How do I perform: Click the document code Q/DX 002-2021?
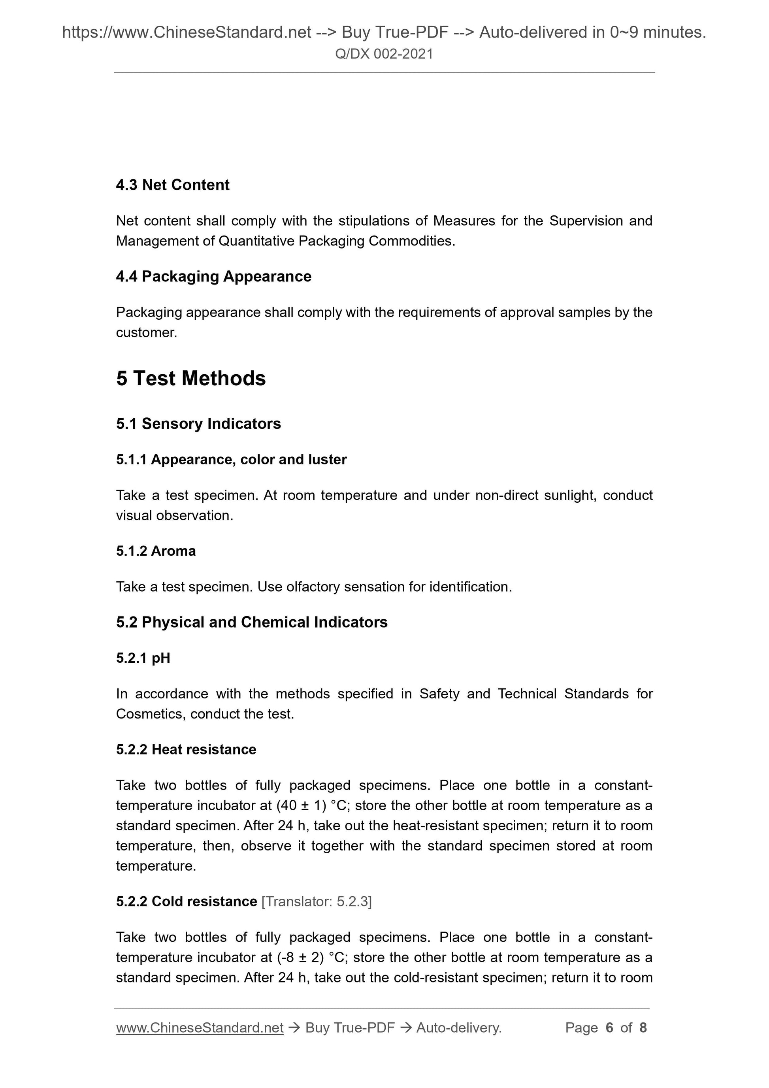(384, 54)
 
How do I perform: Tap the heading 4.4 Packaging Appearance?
(214, 276)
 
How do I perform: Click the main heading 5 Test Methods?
(191, 378)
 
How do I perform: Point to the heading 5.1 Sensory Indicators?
(198, 424)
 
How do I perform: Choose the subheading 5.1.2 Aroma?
(156, 551)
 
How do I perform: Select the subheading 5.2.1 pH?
(143, 658)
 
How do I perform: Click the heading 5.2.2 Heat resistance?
(186, 749)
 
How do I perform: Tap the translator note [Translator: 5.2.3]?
(317, 901)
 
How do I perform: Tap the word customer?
(146, 333)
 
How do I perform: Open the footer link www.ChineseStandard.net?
(200, 1028)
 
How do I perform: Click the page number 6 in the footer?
(609, 1028)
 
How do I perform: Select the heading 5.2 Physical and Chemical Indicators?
(252, 622)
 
